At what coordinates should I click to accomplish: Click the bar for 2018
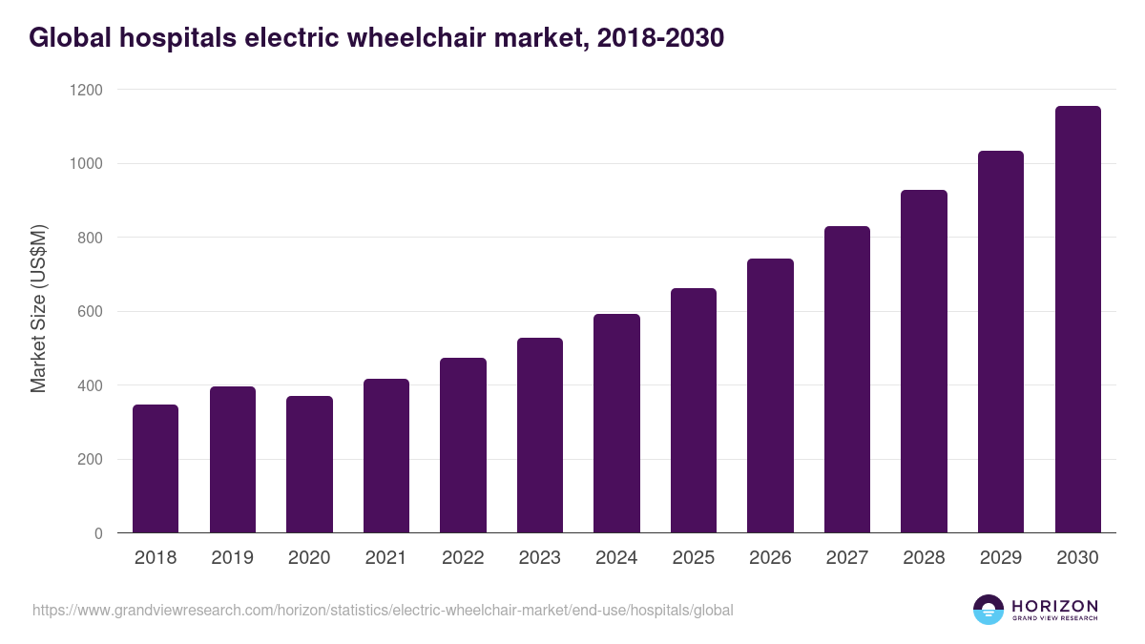(x=156, y=468)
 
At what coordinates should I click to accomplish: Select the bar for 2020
(x=309, y=465)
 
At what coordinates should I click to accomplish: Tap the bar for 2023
(x=540, y=435)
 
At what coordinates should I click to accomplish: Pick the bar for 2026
(x=770, y=396)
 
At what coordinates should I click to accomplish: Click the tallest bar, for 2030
(x=1077, y=320)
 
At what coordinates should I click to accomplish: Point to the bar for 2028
(x=924, y=362)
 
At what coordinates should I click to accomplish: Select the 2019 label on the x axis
(x=232, y=557)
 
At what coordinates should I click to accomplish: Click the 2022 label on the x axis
(x=463, y=557)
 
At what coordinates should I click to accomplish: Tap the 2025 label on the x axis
(x=694, y=557)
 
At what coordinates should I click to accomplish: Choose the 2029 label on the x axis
(x=1001, y=557)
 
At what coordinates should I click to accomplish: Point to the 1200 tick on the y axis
(x=86, y=90)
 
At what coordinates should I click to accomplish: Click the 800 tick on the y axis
(x=90, y=238)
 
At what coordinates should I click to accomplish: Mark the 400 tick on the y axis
(x=90, y=385)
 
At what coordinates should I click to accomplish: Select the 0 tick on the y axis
(x=98, y=533)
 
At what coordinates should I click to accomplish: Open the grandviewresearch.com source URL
(x=383, y=610)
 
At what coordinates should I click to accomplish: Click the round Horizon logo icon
(x=989, y=610)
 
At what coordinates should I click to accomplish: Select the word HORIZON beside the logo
(x=1054, y=606)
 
